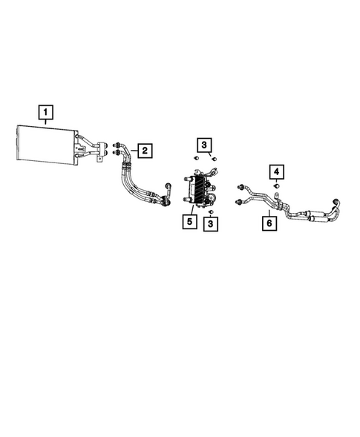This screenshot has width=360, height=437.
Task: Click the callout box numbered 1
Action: coord(46,112)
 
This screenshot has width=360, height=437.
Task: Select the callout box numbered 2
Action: coord(145,151)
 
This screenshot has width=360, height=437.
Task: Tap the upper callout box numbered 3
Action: coord(204,145)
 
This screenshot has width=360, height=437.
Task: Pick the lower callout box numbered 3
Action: coord(211,224)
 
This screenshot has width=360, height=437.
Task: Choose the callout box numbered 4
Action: coord(276,171)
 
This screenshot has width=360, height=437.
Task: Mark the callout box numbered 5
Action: coord(189,222)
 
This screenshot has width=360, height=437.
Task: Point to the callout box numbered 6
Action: coord(269,223)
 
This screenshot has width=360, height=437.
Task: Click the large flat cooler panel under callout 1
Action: coord(46,145)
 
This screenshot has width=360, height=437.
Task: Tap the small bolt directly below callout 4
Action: coord(277,186)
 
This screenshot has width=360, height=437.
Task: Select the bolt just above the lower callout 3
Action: coord(211,212)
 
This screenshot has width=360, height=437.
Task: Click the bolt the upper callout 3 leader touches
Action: coord(215,159)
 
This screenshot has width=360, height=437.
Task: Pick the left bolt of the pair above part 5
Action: coord(196,158)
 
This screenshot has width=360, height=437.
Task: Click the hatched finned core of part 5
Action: coord(200,189)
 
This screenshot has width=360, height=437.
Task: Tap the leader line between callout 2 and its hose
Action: coord(134,151)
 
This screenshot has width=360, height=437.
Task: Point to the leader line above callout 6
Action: coord(269,213)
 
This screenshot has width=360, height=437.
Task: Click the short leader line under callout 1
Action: coord(46,122)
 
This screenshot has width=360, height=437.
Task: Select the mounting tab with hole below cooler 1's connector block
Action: coord(99,159)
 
